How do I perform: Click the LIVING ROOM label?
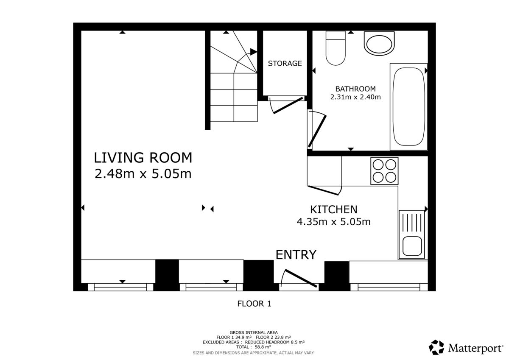[x=143, y=158]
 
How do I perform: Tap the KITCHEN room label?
[x=333, y=209]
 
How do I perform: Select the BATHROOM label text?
[x=355, y=89]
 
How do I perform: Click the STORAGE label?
[x=285, y=64]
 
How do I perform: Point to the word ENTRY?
[x=296, y=255]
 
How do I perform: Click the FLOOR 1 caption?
[x=254, y=304]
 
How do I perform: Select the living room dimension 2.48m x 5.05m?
[x=143, y=174]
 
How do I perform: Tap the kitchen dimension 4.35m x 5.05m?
[x=333, y=221]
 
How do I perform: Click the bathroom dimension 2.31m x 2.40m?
[x=355, y=97]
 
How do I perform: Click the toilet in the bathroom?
[x=336, y=48]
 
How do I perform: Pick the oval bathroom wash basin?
[x=379, y=44]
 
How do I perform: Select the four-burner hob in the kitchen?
[x=384, y=171]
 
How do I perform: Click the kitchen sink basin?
[x=411, y=246]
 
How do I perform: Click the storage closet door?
[x=288, y=105]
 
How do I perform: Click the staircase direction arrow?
[x=253, y=52]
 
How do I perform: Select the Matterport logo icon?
[x=436, y=347]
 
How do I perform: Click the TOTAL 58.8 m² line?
[x=253, y=346]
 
